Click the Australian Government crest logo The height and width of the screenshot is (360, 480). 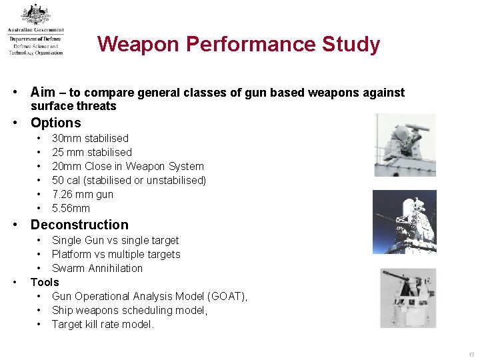(x=35, y=15)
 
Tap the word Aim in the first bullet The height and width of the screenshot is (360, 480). (x=43, y=93)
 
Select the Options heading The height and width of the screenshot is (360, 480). (x=55, y=123)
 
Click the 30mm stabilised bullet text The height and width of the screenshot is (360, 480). (x=90, y=139)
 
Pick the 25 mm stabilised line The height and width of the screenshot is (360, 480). (x=92, y=153)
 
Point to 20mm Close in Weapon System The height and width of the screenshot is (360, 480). (x=127, y=167)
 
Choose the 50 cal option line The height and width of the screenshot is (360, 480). (x=129, y=181)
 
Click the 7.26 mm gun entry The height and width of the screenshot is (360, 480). (x=83, y=195)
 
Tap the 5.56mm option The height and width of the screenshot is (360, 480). (x=71, y=209)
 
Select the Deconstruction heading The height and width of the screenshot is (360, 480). (x=79, y=225)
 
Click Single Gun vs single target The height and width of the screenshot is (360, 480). (x=115, y=241)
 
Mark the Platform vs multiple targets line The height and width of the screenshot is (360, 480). (x=116, y=255)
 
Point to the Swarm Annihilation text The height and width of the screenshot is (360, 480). (x=97, y=269)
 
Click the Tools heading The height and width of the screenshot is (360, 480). (x=45, y=282)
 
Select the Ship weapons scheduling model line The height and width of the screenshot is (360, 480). (x=129, y=311)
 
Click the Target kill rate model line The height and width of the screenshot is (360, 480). (x=103, y=325)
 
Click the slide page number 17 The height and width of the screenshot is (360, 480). (x=471, y=354)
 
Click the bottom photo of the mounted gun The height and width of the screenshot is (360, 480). (x=408, y=298)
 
